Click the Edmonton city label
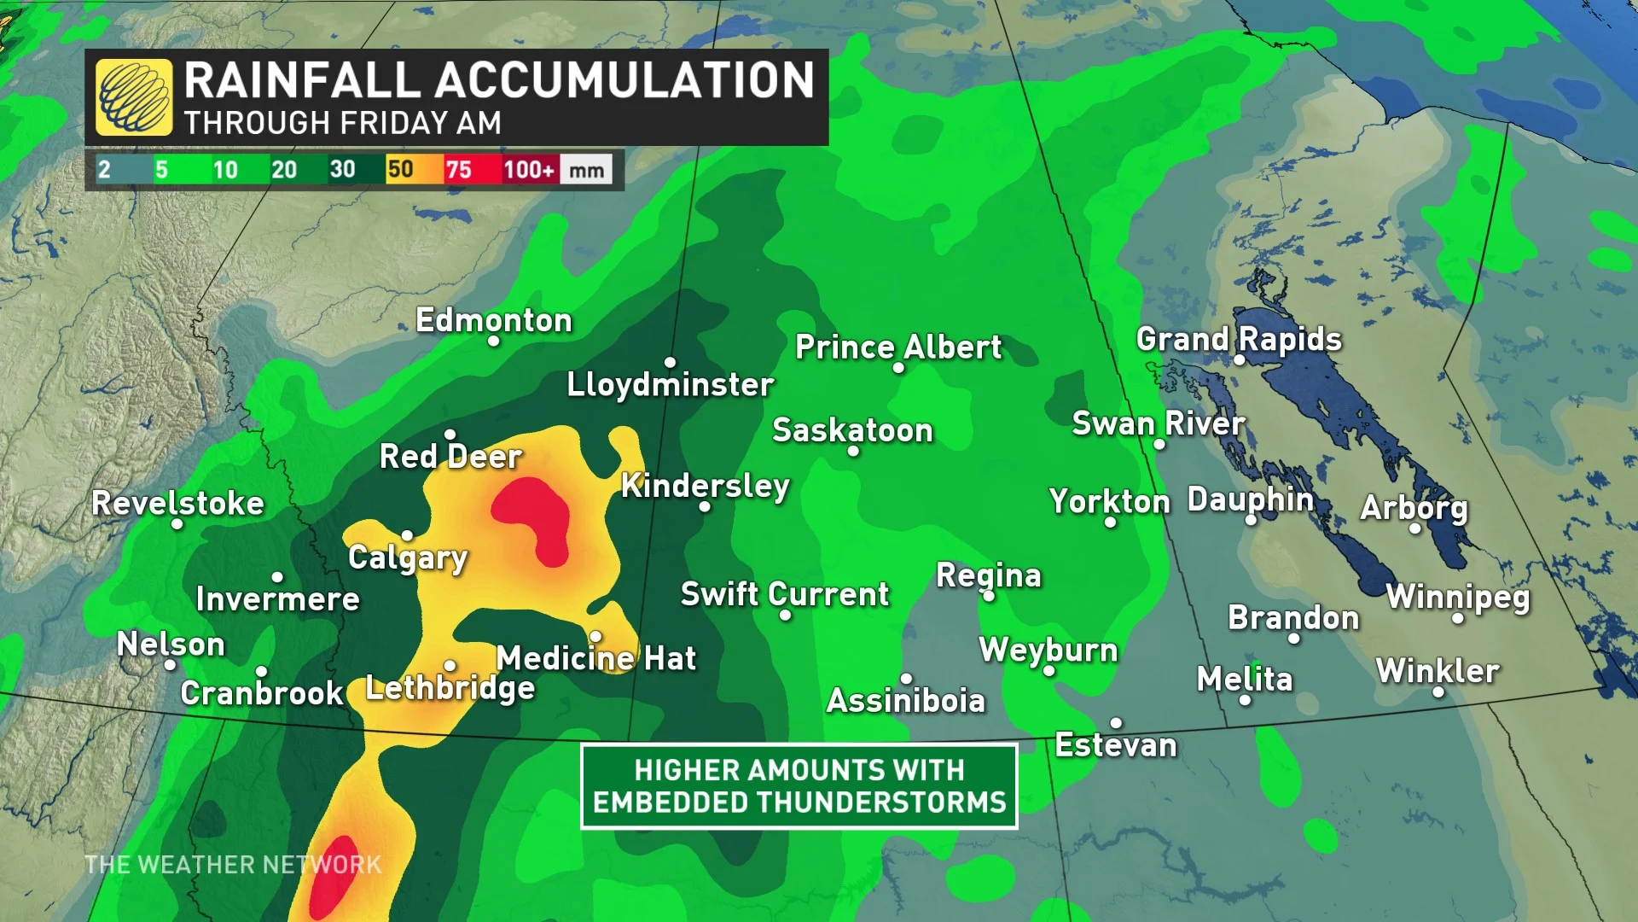pyautogui.click(x=493, y=321)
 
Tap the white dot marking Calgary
pyautogui.click(x=407, y=535)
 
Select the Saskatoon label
pyautogui.click(x=852, y=430)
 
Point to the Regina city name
pyautogui.click(x=989, y=575)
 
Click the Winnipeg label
pyautogui.click(x=1458, y=597)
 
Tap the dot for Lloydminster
pyautogui.click(x=670, y=363)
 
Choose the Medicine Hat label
pyautogui.click(x=596, y=658)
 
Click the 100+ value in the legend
pyautogui.click(x=528, y=170)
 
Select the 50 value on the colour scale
pyautogui.click(x=400, y=169)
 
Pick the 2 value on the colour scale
pyautogui.click(x=104, y=169)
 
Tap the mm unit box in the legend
pyautogui.click(x=587, y=170)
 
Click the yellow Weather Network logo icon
pyautogui.click(x=134, y=97)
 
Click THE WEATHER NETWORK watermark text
pyautogui.click(x=233, y=865)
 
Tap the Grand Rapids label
pyautogui.click(x=1239, y=339)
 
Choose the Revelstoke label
pyautogui.click(x=177, y=503)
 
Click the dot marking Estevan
pyautogui.click(x=1116, y=723)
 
